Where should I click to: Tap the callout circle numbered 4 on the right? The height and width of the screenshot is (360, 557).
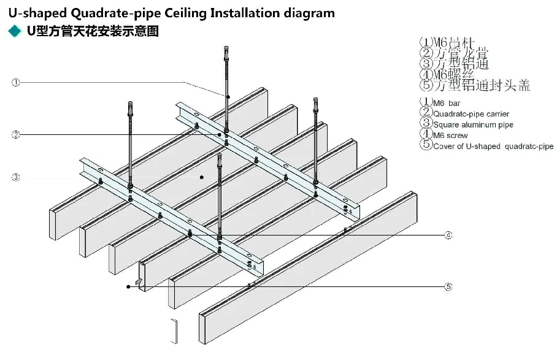pyautogui.click(x=448, y=235)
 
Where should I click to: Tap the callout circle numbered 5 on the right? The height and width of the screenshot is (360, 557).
pyautogui.click(x=448, y=286)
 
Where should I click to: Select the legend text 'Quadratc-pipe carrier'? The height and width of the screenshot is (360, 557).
pyautogui.click(x=471, y=113)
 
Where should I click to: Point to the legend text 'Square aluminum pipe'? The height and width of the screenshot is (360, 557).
pyautogui.click(x=472, y=124)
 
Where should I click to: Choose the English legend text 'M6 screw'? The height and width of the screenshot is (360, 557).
pyautogui.click(x=450, y=135)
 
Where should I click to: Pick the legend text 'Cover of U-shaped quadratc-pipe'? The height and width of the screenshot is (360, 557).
pyautogui.click(x=493, y=146)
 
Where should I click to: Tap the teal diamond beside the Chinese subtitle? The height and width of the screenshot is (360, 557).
pyautogui.click(x=12, y=31)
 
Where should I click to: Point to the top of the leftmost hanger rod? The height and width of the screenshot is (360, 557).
pyautogui.click(x=129, y=102)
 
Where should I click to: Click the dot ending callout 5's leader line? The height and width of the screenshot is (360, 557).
pyautogui.click(x=128, y=286)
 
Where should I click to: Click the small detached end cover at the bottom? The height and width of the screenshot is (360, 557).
pyautogui.click(x=174, y=331)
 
